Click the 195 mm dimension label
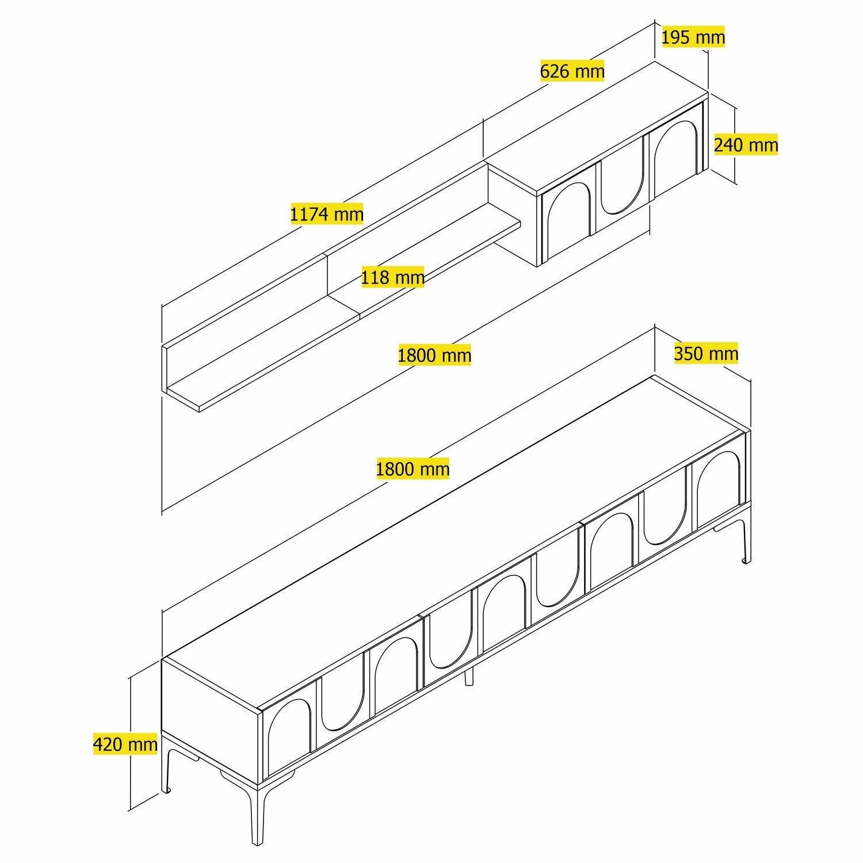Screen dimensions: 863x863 coord(693,37)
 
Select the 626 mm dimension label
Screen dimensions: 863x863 coord(572,71)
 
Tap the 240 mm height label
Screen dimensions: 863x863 coord(746,144)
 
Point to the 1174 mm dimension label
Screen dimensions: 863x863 coord(326,214)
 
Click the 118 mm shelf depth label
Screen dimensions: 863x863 coord(392,277)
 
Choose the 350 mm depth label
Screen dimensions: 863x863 coord(706,353)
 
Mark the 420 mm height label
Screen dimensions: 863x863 coord(125,744)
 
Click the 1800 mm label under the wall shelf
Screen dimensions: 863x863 coord(434,355)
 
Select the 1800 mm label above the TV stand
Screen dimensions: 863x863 coord(413,468)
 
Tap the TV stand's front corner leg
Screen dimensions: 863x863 coord(257,811)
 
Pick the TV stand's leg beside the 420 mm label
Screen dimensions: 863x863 coord(167,768)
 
